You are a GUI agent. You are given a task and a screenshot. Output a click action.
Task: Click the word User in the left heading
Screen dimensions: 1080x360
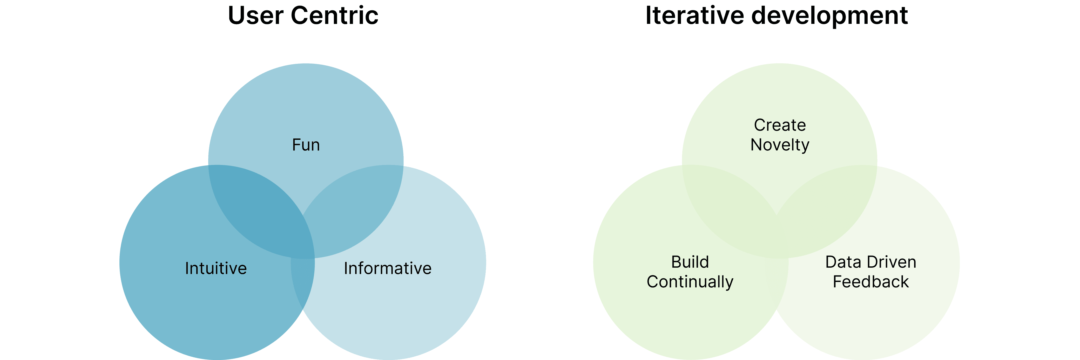(x=255, y=16)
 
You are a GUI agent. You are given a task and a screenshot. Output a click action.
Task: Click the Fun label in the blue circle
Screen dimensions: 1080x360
(x=306, y=145)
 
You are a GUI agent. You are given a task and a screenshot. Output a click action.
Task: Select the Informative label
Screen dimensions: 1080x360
(x=387, y=268)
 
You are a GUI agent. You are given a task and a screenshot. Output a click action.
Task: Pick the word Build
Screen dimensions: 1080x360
(x=690, y=262)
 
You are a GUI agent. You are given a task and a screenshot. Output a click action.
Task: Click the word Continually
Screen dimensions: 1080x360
(x=690, y=282)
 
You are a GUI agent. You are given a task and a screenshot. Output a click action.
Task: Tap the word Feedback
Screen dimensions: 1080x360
(x=870, y=282)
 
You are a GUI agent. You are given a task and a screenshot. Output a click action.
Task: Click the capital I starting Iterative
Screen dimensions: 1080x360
(x=648, y=16)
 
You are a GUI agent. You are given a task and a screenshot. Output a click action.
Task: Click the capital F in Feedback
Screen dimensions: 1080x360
(x=837, y=282)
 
